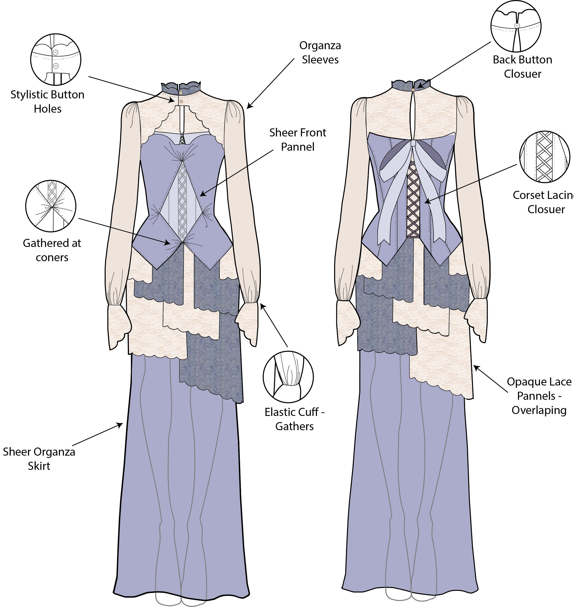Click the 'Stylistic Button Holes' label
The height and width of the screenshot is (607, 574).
(x=47, y=101)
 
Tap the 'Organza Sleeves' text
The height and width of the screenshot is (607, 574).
(x=320, y=52)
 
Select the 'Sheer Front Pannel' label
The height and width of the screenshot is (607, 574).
(x=297, y=140)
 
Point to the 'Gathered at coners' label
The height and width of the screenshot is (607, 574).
(x=52, y=250)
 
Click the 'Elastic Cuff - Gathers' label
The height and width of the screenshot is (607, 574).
(x=294, y=419)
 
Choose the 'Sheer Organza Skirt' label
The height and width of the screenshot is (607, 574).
(x=39, y=458)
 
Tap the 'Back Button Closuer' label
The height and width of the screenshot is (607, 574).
(x=522, y=67)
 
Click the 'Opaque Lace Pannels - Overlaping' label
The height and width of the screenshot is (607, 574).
(x=539, y=396)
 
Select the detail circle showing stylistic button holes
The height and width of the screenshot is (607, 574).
(x=56, y=60)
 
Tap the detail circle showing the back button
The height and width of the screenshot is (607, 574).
(x=516, y=26)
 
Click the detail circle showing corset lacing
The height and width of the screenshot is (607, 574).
(x=545, y=157)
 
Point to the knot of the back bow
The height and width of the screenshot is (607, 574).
(x=413, y=144)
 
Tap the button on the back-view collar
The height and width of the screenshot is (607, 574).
(x=413, y=90)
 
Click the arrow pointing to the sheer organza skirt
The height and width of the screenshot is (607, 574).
(x=98, y=434)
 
